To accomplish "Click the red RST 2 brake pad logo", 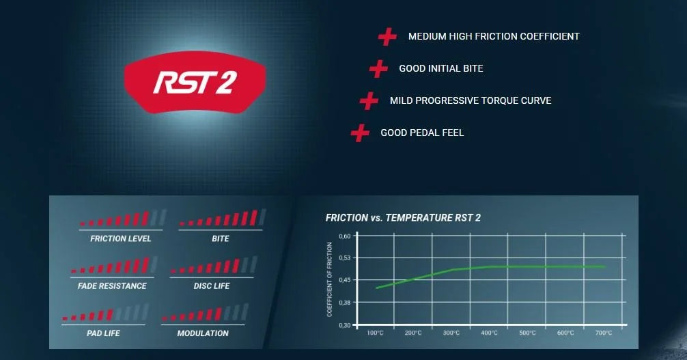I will [x=194, y=81].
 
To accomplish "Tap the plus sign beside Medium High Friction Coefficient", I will [x=387, y=37].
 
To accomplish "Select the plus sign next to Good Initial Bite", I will [x=378, y=68].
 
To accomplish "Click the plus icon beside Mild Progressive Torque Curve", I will [x=369, y=101].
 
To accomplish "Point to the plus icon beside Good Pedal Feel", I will [x=360, y=133].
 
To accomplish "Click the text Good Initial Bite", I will [x=440, y=68].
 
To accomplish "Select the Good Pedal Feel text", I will [x=421, y=133].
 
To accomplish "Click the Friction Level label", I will [x=121, y=239].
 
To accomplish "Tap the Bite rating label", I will [x=221, y=239].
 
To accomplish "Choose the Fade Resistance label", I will [x=112, y=286].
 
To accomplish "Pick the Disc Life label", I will [x=212, y=286].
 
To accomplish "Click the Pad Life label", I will [x=102, y=333].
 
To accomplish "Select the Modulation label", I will [x=203, y=333].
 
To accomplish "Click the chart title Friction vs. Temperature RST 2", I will [x=403, y=218].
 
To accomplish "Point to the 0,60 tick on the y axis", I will [x=344, y=236].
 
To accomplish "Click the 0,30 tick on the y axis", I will [x=344, y=325].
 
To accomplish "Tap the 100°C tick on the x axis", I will [x=375, y=333].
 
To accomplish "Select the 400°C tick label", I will [x=489, y=333].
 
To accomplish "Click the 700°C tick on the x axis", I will [x=603, y=333].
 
